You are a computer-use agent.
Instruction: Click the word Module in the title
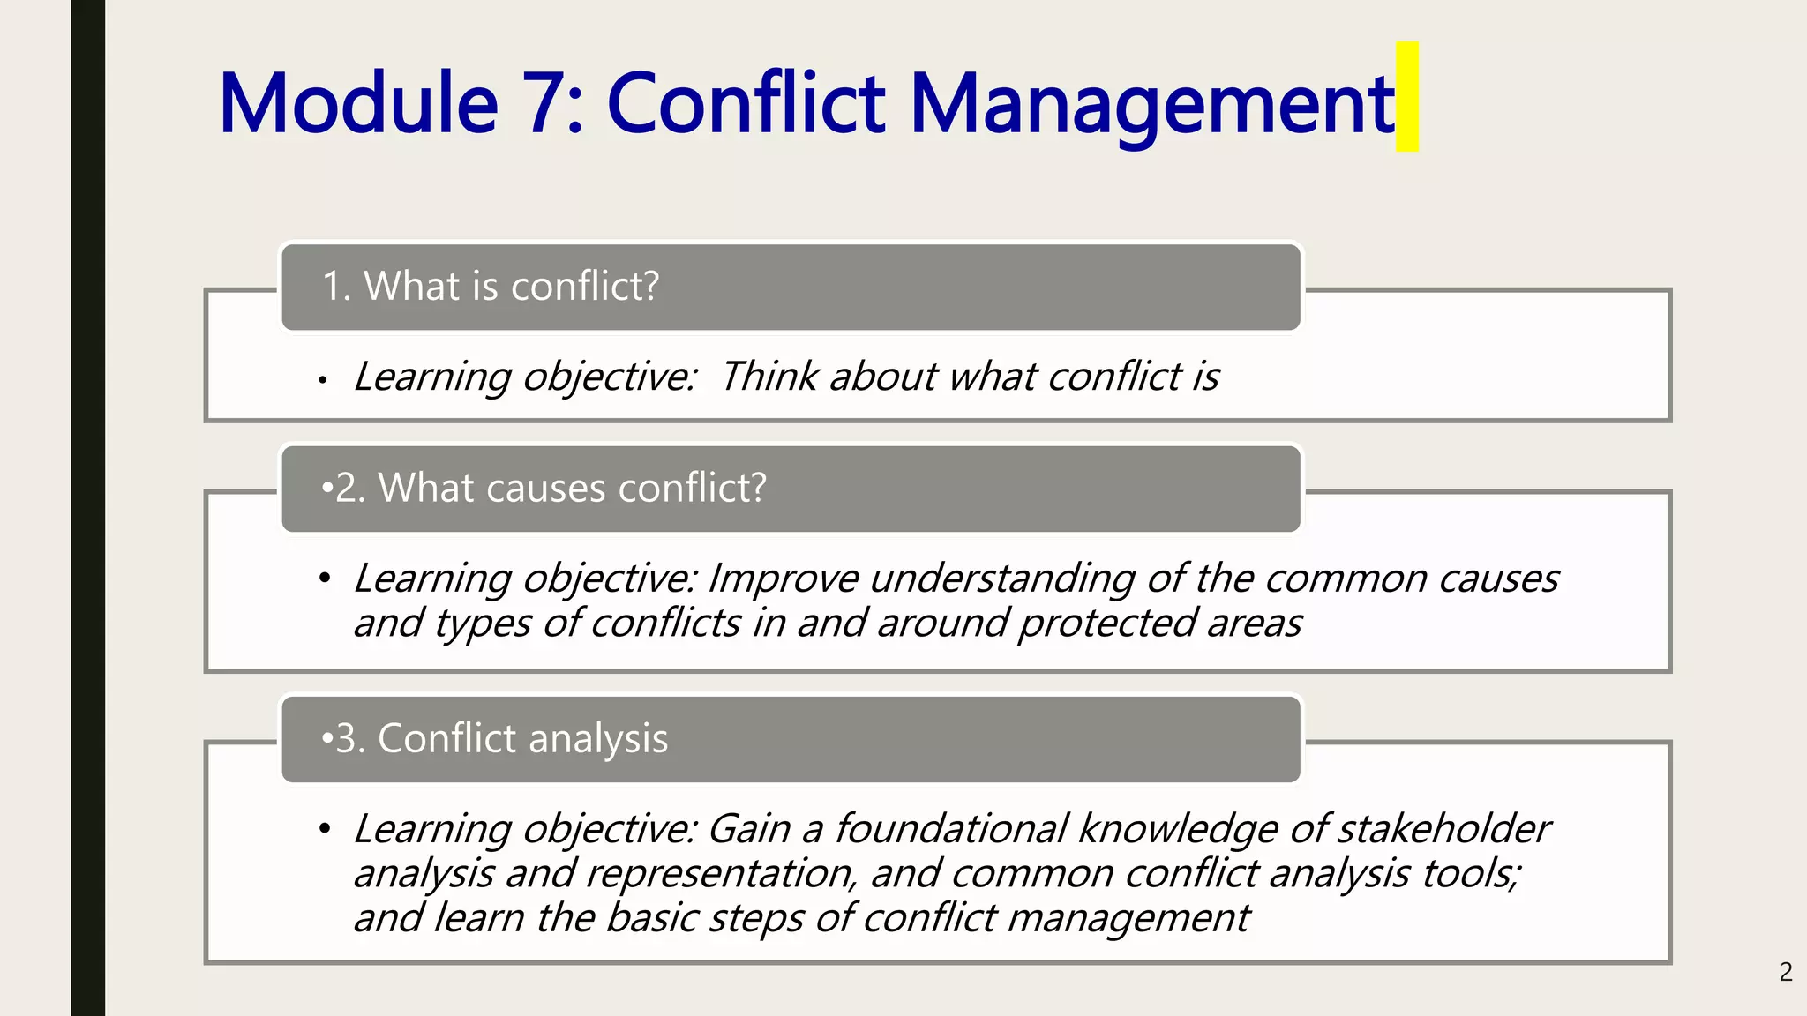click(x=358, y=104)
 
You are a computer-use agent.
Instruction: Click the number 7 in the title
click(x=543, y=104)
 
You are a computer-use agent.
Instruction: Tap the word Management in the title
click(x=1151, y=104)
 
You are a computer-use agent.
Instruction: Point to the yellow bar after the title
click(x=1406, y=96)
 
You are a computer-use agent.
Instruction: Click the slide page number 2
click(x=1786, y=972)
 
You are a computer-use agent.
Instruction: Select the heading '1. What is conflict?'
click(x=491, y=287)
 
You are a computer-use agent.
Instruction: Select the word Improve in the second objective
click(x=782, y=579)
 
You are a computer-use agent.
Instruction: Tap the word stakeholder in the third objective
click(x=1443, y=829)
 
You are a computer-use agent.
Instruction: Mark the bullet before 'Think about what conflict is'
click(x=324, y=380)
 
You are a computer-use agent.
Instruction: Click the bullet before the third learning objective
click(x=325, y=829)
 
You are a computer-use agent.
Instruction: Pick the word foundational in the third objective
click(x=951, y=829)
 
